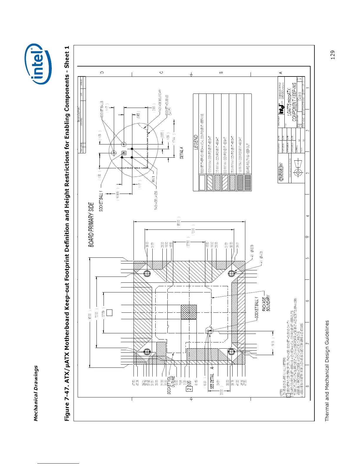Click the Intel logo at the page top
pyautogui.click(x=41, y=64)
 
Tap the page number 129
pyautogui.click(x=333, y=55)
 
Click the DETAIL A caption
pyautogui.click(x=182, y=153)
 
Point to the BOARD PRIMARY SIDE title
pyautogui.click(x=91, y=224)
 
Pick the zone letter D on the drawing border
pyautogui.click(x=102, y=72)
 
